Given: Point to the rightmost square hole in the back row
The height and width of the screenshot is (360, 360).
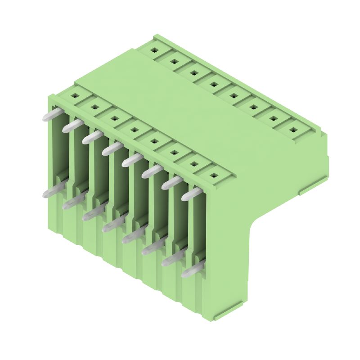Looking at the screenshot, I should coord(293,130).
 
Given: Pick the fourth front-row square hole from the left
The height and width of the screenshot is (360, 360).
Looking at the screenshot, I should coord(134,130).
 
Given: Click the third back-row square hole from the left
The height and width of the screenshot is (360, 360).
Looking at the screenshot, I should coord(193,72).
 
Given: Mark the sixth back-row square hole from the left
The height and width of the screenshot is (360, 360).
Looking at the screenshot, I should coord(253,107).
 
